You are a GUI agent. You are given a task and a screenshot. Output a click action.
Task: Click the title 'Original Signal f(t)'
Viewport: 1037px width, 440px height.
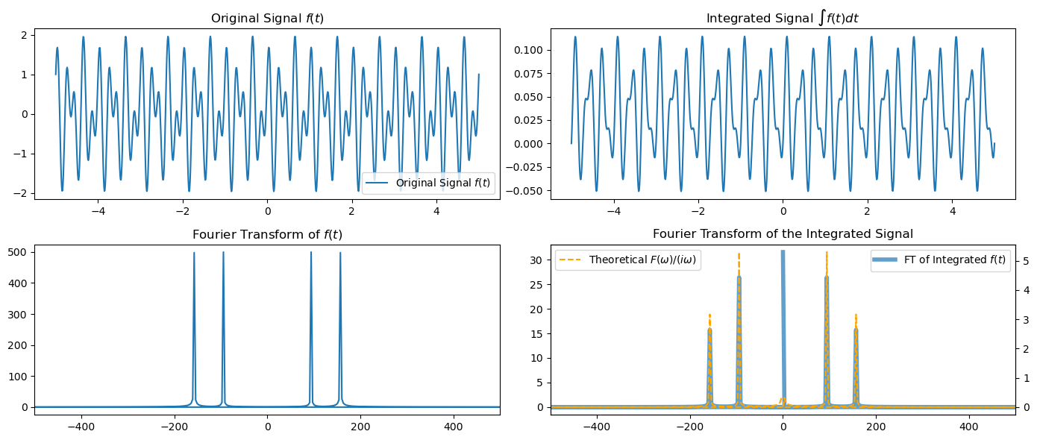[x=267, y=18]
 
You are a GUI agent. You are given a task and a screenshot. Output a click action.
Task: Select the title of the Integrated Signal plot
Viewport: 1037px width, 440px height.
[x=783, y=17]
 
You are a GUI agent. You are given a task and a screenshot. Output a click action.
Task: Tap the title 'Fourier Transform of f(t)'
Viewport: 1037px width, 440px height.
[x=267, y=234]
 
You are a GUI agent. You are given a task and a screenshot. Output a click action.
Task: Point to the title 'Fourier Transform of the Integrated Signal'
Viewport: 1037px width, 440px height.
[x=783, y=234]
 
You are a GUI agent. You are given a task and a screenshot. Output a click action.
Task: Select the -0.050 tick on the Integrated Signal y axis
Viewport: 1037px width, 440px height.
[x=526, y=190]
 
